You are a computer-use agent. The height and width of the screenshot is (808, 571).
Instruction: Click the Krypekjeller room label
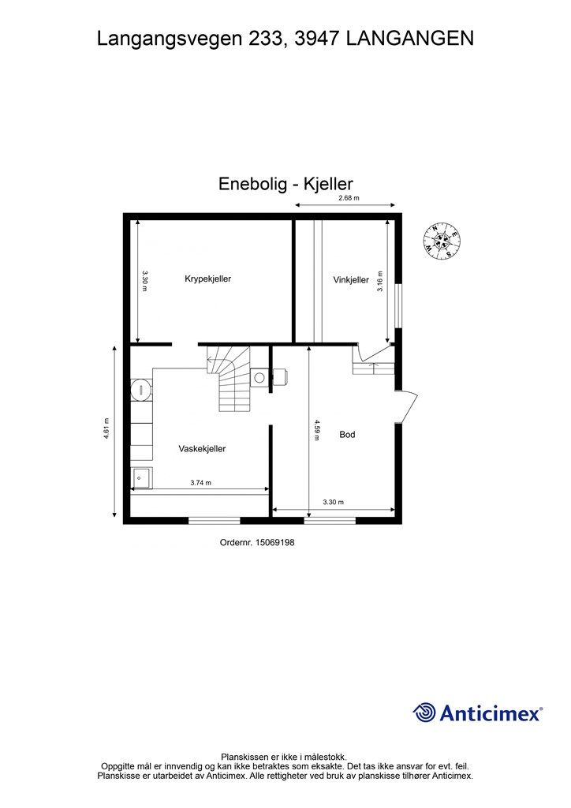(x=207, y=279)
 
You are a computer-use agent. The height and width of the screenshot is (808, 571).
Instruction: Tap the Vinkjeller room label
(x=351, y=280)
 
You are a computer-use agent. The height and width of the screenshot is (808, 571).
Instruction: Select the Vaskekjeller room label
(x=202, y=449)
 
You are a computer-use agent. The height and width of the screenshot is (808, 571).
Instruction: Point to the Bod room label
(x=347, y=435)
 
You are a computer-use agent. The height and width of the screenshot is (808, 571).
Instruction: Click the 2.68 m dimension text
(x=349, y=198)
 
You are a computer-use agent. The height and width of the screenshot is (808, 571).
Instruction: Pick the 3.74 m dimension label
(x=201, y=483)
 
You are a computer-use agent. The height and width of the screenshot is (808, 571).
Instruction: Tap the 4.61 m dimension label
(x=106, y=428)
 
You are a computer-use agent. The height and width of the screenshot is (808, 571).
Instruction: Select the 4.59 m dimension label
(x=316, y=430)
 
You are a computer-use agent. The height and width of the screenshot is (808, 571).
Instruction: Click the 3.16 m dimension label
(x=380, y=282)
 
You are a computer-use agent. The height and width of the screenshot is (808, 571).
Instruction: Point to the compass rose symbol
(x=442, y=241)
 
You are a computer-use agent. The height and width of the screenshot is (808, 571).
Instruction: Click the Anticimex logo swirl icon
(x=424, y=713)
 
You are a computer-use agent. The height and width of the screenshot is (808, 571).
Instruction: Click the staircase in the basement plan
(x=229, y=377)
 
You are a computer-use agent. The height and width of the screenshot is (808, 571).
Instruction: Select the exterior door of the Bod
(x=407, y=407)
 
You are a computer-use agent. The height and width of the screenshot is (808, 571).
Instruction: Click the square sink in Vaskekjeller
(x=142, y=478)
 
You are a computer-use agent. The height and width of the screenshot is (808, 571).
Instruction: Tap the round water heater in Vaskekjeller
(x=140, y=390)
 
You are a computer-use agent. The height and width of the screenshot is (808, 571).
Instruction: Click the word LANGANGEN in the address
(x=409, y=39)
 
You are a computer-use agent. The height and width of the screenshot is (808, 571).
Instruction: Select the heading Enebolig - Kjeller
(x=285, y=184)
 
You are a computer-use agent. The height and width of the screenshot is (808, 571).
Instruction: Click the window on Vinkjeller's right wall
(x=398, y=305)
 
